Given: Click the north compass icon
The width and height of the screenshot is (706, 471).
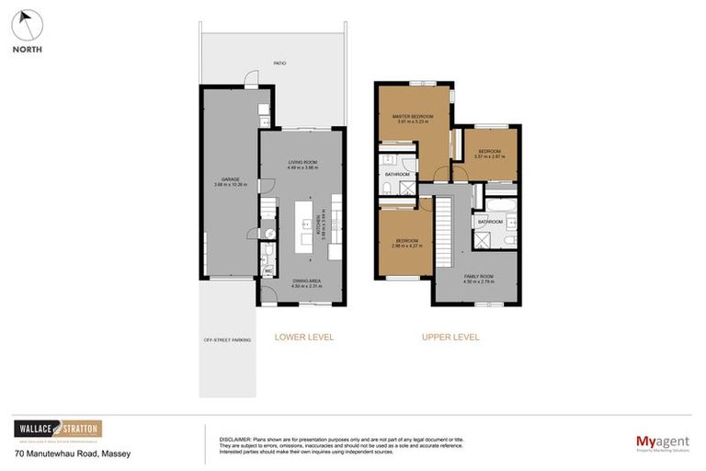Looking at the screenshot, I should [x=27, y=24].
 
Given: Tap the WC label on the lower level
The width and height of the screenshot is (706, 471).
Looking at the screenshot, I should [x=268, y=271].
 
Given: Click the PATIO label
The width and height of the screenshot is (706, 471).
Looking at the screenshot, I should [x=279, y=63].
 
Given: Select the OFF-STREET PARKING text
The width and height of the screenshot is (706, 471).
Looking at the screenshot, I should [x=227, y=340].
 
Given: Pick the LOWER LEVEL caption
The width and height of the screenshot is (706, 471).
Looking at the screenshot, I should [x=304, y=337].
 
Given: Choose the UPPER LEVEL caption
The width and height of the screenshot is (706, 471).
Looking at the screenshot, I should [x=450, y=337].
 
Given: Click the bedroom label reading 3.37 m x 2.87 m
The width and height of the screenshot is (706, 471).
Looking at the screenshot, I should [x=488, y=154].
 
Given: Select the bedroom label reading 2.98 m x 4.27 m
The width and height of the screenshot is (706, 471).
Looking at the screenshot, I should [x=405, y=244].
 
